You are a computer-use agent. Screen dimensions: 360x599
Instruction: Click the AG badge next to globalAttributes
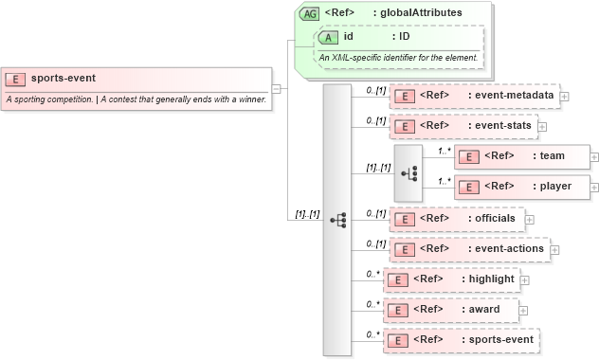click(x=309, y=13)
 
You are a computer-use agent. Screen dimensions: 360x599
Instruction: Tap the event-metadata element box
click(x=473, y=96)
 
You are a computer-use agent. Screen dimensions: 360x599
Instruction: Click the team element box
click(x=520, y=156)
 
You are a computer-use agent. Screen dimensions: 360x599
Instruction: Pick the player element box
click(x=520, y=187)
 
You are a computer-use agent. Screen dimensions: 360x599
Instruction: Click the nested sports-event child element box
click(x=461, y=339)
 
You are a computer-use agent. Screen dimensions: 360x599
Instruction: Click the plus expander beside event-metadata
click(x=565, y=96)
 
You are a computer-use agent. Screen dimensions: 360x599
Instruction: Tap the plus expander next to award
click(x=523, y=310)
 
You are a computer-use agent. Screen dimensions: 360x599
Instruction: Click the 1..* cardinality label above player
click(x=444, y=179)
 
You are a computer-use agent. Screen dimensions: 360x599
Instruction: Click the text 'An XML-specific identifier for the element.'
click(x=398, y=58)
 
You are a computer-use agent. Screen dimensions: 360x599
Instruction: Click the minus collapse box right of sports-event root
click(x=276, y=89)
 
